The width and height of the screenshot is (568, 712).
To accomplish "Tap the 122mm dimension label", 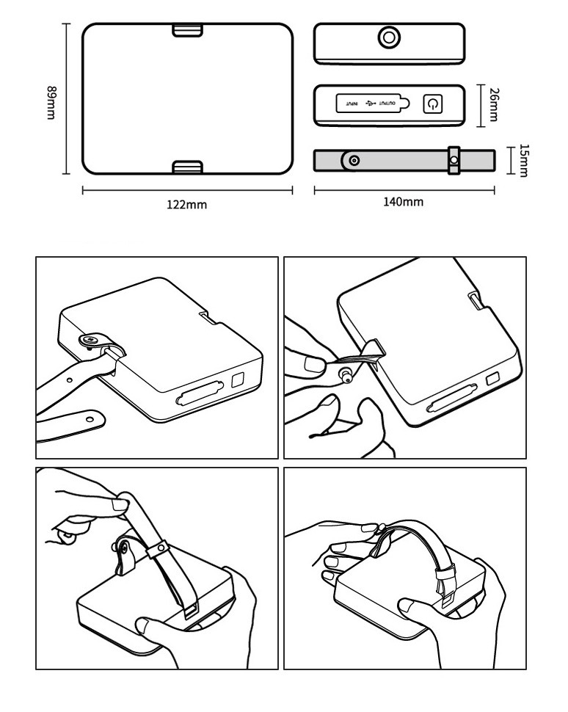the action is pos(186,205).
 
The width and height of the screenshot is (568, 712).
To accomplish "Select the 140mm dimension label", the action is pos(404,202).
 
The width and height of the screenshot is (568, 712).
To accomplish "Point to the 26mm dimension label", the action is pos(494,105).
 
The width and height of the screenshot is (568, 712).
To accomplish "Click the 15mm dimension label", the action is pos(523,160).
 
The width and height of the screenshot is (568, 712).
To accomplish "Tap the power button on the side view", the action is pos(432,104).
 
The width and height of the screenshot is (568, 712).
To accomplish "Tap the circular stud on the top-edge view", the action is pos(388,36).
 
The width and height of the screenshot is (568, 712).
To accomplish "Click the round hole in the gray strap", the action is pos(355,160).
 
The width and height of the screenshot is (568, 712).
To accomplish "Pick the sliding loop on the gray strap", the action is pos(454,160).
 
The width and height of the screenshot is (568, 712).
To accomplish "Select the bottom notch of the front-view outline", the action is pos(188,167).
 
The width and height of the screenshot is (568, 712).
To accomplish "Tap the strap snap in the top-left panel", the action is pos(92,339).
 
